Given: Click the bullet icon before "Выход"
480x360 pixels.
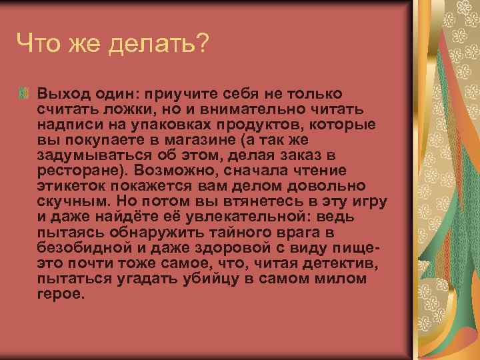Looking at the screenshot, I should pos(25,93).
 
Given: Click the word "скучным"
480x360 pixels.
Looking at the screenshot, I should pos(69,201).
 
